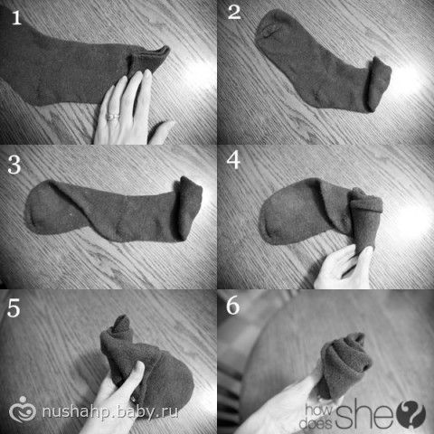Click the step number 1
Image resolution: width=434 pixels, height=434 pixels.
16,17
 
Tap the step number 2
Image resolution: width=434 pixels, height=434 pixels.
234,13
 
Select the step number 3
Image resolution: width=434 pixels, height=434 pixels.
14,165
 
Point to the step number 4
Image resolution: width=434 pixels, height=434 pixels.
233,160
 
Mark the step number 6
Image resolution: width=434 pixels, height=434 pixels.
233,306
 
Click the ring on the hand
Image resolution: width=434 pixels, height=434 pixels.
113,117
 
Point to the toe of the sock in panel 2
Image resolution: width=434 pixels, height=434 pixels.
269,29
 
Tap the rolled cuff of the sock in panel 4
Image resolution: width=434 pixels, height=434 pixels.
366,203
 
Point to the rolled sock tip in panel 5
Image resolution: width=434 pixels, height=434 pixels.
119,328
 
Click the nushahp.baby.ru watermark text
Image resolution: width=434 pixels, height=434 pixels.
110,411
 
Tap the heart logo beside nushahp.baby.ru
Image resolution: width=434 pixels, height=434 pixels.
23,410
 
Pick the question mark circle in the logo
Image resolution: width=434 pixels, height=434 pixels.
411,415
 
